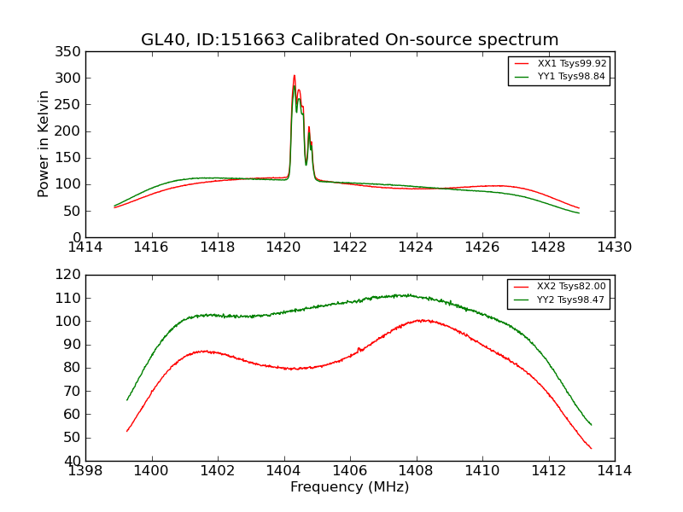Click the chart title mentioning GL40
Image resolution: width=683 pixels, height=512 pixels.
click(x=350, y=40)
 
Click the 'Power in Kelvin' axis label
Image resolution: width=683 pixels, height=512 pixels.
click(x=44, y=144)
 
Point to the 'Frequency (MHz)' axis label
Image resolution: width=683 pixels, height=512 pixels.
click(x=350, y=487)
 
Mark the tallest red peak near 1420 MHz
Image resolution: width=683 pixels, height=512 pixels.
click(x=295, y=75)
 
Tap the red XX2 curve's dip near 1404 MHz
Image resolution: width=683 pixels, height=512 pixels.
click(x=295, y=369)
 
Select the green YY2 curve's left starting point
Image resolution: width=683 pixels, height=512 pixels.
click(x=127, y=399)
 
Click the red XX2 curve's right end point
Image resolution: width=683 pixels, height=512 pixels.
click(x=591, y=448)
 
